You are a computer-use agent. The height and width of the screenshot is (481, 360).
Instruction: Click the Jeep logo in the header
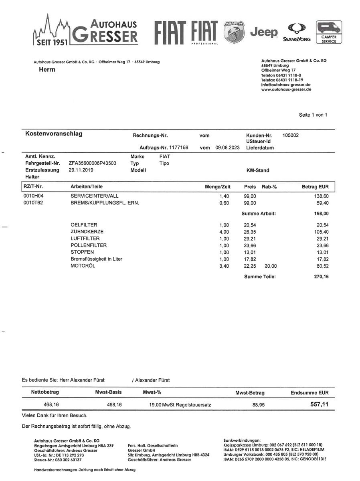click(263, 32)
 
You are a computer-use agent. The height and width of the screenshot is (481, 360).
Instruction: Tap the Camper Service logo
click(329, 32)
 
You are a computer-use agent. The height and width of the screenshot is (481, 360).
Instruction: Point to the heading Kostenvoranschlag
click(54, 134)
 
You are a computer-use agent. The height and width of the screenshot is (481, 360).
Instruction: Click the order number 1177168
click(178, 148)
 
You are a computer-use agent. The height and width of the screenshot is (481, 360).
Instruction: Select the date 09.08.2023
click(227, 148)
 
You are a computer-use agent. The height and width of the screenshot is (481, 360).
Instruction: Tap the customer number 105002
click(291, 135)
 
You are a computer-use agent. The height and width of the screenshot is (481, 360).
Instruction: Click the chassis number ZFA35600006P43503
click(93, 164)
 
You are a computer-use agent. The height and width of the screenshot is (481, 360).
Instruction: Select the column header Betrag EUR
click(315, 187)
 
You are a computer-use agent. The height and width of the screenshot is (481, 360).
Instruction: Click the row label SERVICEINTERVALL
click(94, 196)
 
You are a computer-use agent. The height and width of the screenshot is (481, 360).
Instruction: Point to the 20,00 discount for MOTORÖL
click(271, 266)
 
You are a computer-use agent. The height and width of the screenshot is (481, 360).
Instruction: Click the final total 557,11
click(319, 404)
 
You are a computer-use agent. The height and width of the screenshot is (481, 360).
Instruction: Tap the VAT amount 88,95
click(258, 405)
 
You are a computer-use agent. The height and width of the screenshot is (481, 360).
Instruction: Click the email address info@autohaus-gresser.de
click(285, 85)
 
